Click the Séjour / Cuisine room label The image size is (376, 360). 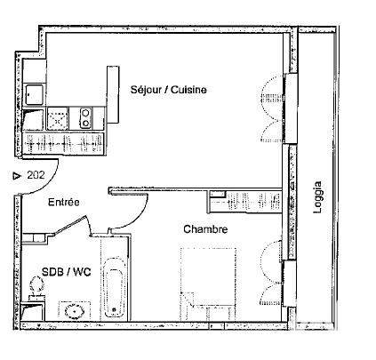tap(169, 90)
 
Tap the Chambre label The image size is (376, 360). tap(205, 229)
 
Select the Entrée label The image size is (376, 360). tap(64, 202)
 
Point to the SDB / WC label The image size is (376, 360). tap(66, 272)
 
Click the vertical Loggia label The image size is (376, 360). tap(317, 197)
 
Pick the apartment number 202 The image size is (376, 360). tap(36, 175)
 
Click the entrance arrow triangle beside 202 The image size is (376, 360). tap(17, 176)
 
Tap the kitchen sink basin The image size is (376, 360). tap(34, 95)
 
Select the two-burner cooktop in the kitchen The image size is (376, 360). tap(86, 118)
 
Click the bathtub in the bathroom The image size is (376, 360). tap(115, 287)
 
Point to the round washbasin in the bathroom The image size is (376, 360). tap(75, 311)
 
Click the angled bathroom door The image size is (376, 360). tap(70, 226)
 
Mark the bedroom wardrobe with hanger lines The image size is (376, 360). tap(244, 202)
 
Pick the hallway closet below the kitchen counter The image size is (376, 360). tap(63, 144)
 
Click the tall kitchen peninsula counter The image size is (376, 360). tap(113, 94)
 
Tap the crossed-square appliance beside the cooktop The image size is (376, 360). tap(58, 118)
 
